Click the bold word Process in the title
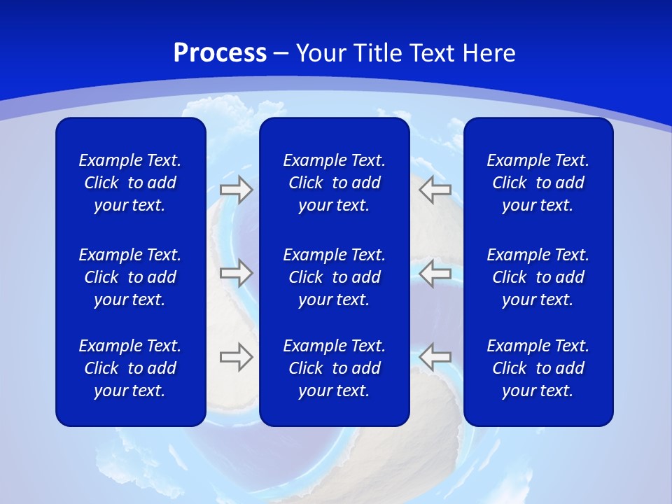[220, 53]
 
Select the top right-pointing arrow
[236, 190]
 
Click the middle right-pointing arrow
[236, 272]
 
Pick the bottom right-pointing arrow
[236, 356]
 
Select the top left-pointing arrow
[435, 190]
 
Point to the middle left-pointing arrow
[435, 272]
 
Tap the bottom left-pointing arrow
[435, 356]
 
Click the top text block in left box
[130, 183]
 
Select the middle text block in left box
[130, 277]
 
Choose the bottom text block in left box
[130, 368]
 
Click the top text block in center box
[334, 183]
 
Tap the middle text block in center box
[334, 277]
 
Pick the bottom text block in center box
[334, 368]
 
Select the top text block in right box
[538, 183]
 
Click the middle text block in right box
[538, 277]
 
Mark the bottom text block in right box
[538, 368]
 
